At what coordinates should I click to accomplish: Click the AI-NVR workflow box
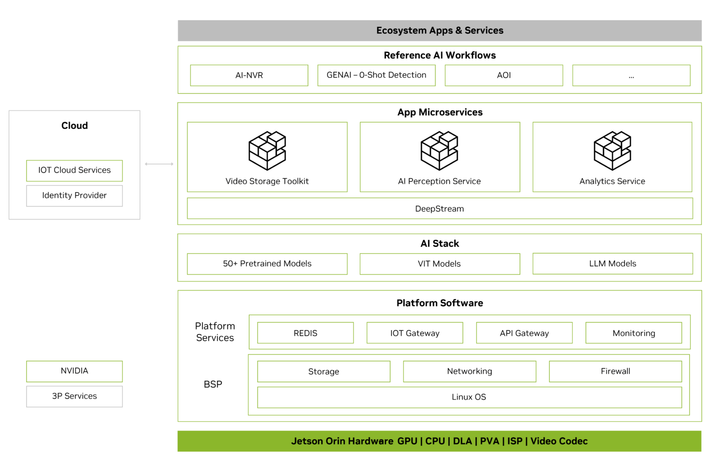(249, 75)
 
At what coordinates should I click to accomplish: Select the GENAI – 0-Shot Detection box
(376, 75)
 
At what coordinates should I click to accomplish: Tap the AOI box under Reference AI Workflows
(504, 75)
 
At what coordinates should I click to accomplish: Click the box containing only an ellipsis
(631, 75)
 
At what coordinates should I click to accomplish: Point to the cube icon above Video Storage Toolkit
(267, 151)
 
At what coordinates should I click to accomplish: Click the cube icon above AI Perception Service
(439, 151)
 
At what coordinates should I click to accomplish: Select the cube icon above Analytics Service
(612, 151)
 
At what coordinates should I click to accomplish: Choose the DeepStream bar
(439, 209)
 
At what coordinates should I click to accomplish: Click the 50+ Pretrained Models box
(267, 264)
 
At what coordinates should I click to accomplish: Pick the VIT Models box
(439, 264)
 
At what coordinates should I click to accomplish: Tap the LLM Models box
(613, 264)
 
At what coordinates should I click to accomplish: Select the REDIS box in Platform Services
(305, 333)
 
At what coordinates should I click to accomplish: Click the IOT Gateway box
(415, 333)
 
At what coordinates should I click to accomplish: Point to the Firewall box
(615, 372)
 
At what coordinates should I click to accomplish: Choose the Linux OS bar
(469, 397)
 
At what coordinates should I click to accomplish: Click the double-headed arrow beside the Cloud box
(159, 164)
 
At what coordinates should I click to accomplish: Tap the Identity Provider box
(74, 196)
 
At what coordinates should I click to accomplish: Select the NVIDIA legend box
(74, 371)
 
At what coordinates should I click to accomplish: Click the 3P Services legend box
(74, 396)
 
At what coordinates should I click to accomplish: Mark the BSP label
(213, 385)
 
